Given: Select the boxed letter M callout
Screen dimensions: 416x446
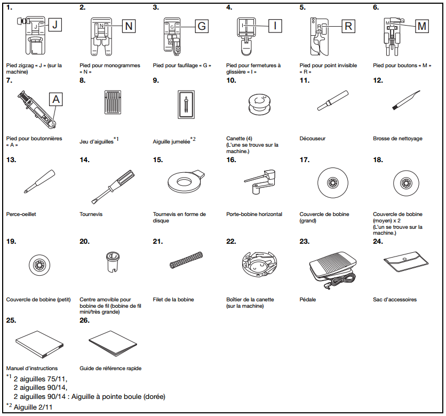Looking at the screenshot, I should tap(422, 26).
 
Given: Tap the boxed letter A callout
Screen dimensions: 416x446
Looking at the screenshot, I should tap(57, 99).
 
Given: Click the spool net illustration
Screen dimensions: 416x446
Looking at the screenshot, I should tap(184, 260).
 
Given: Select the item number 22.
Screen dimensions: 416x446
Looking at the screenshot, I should tap(230, 241).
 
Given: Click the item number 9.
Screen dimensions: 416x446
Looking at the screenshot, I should tap(155, 81).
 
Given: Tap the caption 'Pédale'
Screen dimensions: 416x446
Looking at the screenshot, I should tap(307, 300).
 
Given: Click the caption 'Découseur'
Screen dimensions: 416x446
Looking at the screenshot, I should tap(312, 139).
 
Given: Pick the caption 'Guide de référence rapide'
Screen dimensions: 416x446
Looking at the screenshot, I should tap(110, 368).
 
